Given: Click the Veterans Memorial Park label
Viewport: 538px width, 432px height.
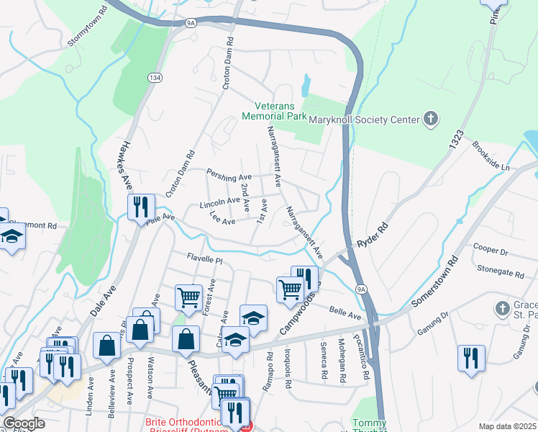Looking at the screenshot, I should [274, 109].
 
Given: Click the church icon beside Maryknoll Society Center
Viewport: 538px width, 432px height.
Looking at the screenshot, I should [431, 118].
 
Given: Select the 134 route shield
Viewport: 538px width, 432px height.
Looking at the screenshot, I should [155, 77].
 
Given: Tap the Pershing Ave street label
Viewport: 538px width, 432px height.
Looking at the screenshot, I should [229, 176].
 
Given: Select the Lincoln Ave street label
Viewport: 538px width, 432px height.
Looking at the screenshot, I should [219, 204].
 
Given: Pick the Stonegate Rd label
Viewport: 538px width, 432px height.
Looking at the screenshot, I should [501, 272].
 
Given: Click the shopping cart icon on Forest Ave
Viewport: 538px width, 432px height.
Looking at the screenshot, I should [188, 296].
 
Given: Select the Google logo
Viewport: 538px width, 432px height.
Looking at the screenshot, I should [24, 423].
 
